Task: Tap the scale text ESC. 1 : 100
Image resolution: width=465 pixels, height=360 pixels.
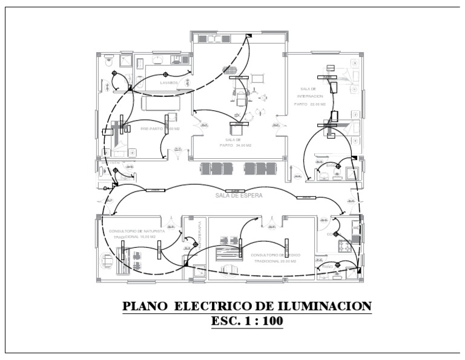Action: (247, 321)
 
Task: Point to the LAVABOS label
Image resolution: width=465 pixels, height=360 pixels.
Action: (170, 82)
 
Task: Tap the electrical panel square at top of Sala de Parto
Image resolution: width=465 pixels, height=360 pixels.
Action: (248, 36)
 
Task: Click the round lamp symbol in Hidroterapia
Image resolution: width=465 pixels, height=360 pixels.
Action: (195, 244)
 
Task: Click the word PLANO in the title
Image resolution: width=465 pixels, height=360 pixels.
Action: (145, 307)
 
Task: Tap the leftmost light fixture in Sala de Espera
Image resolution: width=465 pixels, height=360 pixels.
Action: (155, 190)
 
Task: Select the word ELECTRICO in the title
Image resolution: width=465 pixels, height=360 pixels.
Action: (211, 307)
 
